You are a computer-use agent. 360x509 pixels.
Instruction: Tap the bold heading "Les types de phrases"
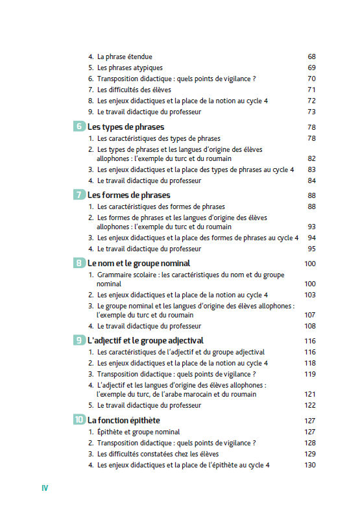[x=126, y=127]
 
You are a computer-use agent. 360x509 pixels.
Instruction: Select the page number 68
[x=311, y=56]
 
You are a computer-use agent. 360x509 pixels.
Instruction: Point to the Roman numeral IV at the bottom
[x=45, y=488]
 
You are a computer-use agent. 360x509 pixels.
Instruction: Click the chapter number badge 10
[x=78, y=420]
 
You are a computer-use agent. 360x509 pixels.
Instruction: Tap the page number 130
[x=309, y=465]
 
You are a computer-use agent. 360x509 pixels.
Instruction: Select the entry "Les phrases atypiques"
[x=130, y=68]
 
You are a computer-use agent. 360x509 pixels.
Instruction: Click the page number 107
[x=309, y=315]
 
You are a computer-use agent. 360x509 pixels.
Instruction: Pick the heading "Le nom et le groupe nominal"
[x=139, y=263]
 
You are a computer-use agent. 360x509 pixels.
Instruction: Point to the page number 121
[x=309, y=394]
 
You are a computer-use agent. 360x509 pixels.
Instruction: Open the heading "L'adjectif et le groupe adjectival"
[x=145, y=340]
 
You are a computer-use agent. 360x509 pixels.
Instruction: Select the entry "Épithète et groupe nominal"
[x=138, y=432]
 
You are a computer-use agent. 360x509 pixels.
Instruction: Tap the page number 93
[x=311, y=227]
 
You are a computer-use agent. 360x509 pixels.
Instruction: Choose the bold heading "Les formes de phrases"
[x=128, y=195]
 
